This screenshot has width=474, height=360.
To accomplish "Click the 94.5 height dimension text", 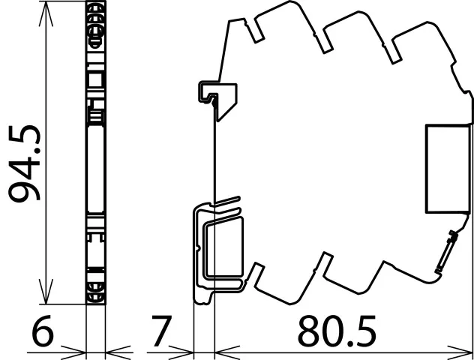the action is click(x=24, y=163).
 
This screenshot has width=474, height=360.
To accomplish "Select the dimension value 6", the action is click(x=42, y=331).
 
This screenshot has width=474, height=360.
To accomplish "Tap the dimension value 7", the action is click(x=162, y=331).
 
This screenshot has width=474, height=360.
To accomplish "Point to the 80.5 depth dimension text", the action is click(x=337, y=331).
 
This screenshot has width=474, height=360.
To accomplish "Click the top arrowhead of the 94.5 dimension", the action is click(x=46, y=13).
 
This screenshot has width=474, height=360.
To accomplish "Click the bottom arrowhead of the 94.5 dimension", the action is click(x=46, y=292).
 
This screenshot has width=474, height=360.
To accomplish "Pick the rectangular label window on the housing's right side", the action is click(x=448, y=169).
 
